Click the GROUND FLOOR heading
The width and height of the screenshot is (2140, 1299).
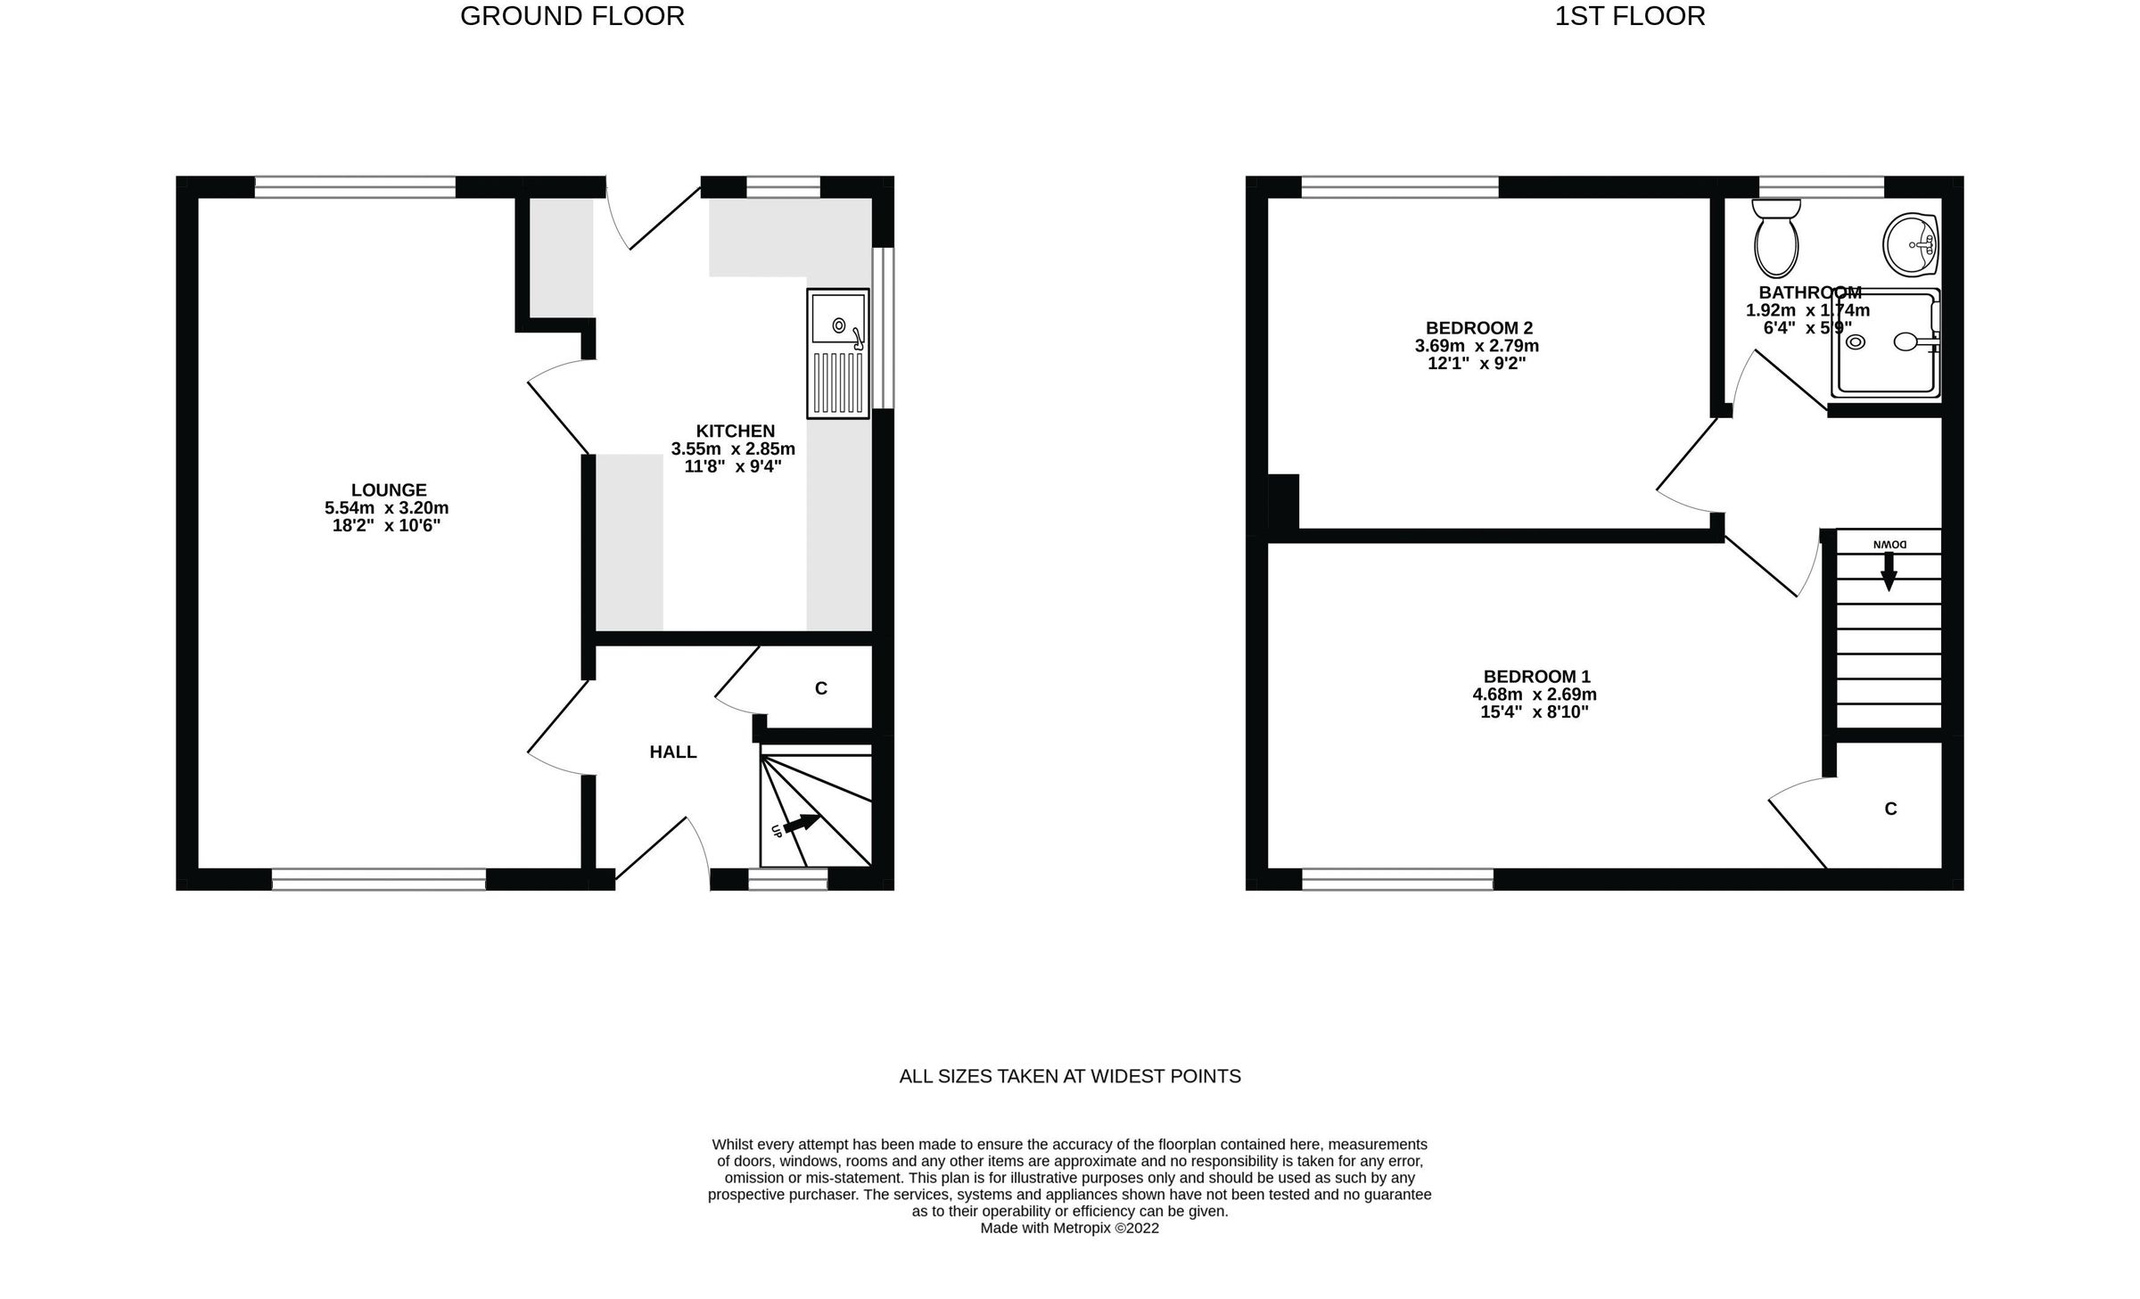[572, 16]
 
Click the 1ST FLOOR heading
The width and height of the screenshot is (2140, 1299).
[1629, 16]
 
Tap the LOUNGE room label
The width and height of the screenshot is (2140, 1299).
[389, 489]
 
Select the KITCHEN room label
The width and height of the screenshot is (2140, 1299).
[735, 431]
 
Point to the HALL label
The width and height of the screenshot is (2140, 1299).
[672, 752]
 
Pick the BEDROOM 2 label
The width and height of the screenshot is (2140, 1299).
[1478, 327]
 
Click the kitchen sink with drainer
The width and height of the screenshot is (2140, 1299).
[837, 353]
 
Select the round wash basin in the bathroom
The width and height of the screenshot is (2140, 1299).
[1910, 244]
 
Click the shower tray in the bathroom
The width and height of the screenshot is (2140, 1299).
[1884, 344]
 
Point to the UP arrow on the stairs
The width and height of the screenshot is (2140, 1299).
[800, 824]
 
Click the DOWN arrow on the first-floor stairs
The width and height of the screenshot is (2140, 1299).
[1888, 571]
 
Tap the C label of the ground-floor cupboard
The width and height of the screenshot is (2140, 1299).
[821, 688]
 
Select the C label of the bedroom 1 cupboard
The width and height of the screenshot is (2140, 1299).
[1890, 809]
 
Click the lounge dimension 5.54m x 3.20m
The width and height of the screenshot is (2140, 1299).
[386, 508]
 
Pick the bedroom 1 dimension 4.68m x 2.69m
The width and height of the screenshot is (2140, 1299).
[1534, 695]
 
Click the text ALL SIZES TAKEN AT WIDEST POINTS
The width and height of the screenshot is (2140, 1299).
[1069, 1076]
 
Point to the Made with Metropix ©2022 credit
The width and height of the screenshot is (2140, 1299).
[1069, 1228]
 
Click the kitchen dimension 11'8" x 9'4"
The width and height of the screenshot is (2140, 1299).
[732, 466]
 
